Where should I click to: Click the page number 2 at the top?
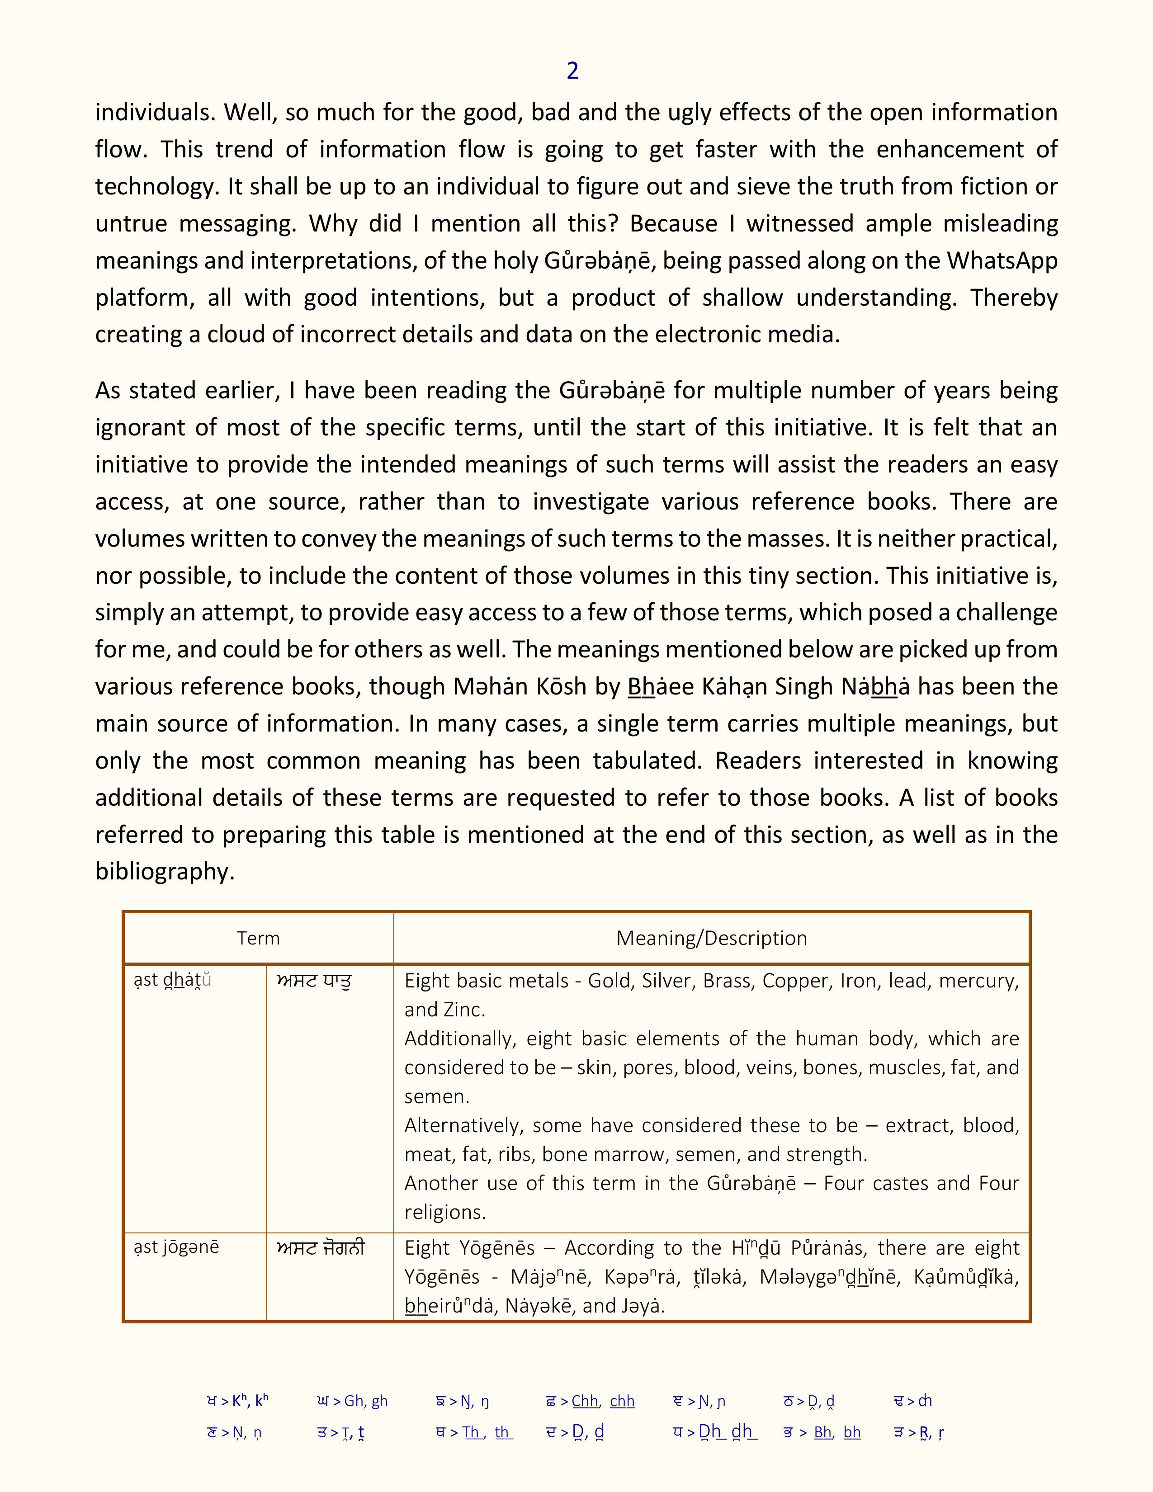pyautogui.click(x=572, y=71)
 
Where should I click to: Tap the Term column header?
pyautogui.click(x=258, y=938)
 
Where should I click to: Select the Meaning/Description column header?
pyautogui.click(x=711, y=938)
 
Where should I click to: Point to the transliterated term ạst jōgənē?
pyautogui.click(x=176, y=1247)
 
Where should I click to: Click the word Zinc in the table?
pyautogui.click(x=463, y=1010)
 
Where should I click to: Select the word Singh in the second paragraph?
pyautogui.click(x=803, y=686)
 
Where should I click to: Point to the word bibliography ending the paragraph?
pyautogui.click(x=165, y=871)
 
